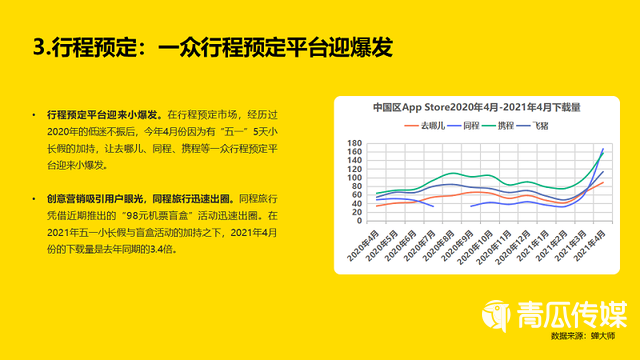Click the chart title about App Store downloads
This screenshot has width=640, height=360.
tap(476, 107)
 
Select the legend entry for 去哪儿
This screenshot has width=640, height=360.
tap(431, 126)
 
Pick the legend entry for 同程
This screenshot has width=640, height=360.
tap(474, 126)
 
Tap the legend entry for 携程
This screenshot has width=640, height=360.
tap(514, 126)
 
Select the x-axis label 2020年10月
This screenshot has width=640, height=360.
tap(480, 246)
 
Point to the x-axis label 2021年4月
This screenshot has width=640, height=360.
tap(597, 244)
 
